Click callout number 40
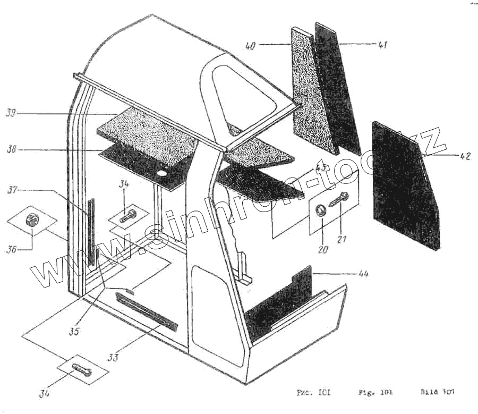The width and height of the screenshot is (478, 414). pos(250,46)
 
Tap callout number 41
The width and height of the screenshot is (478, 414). pos(382,45)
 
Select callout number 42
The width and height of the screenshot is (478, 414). pos(465,156)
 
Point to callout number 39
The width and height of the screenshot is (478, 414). pos(11,113)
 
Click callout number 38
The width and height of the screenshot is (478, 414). pos(11,150)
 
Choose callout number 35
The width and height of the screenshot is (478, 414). pos(74,332)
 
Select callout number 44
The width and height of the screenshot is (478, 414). pos(363,274)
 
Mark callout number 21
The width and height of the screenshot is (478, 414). pos(341,240)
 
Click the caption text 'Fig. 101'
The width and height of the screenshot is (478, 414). pos(375,393)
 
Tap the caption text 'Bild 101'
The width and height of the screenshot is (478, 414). pos(437,393)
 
